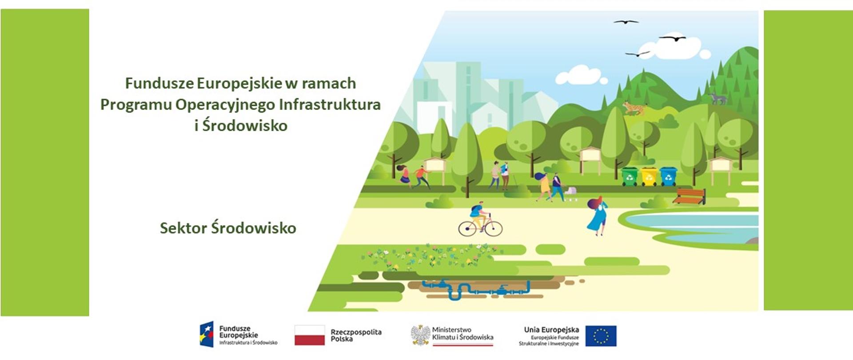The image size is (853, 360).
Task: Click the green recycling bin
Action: pos(630,176)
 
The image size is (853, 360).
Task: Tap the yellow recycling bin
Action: pos(649,176)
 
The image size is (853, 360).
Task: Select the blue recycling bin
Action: pos(668,176)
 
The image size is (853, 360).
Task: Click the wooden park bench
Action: pos(689,196)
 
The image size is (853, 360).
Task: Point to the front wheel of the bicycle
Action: pos(494,229)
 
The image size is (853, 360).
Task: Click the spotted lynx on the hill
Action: pos(633,108)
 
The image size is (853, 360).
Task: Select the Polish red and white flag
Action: pos(310,335)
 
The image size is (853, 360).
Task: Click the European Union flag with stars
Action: pos(601,336)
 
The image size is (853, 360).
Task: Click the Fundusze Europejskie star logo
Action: pos(207,334)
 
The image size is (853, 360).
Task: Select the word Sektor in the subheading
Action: pos(183,228)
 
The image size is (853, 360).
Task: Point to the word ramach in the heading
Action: pos(329,83)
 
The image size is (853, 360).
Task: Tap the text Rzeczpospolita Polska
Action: pos(356,336)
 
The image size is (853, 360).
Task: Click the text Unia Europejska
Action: pos(551,330)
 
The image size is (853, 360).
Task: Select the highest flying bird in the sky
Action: pos(626,21)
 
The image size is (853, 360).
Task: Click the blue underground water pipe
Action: pos(475,289)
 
